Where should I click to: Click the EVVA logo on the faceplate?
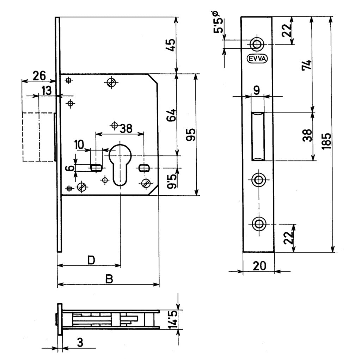click(257, 59)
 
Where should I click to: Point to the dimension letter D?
click(91, 260)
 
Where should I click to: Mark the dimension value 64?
click(171, 115)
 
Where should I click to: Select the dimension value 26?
click(39, 75)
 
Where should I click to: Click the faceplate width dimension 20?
click(259, 266)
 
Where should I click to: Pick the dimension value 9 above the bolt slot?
click(257, 90)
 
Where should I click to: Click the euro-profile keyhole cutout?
click(120, 162)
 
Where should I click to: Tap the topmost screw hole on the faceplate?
click(257, 44)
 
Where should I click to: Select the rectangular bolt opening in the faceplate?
click(258, 136)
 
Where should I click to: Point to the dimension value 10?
click(79, 144)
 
